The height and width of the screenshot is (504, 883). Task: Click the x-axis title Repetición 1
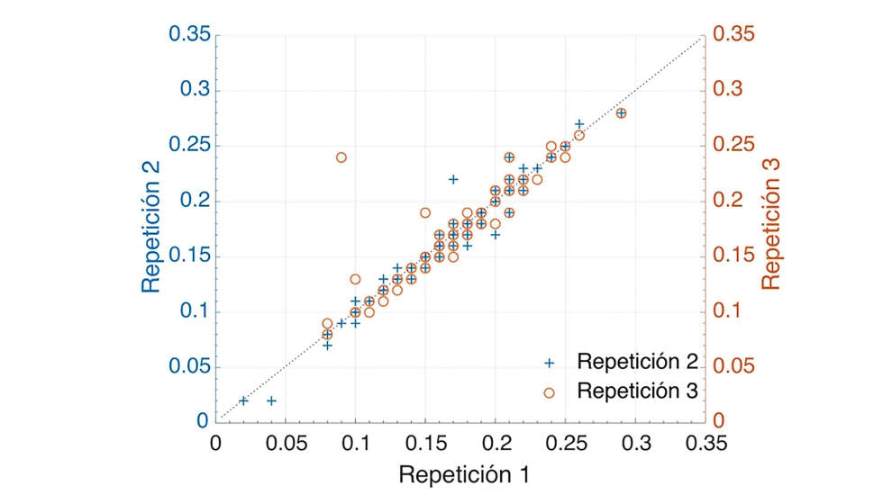click(464, 474)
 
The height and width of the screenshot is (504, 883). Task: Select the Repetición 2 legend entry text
click(637, 362)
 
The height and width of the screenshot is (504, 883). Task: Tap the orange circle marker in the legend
click(550, 391)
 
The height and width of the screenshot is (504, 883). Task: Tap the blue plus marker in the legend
click(550, 363)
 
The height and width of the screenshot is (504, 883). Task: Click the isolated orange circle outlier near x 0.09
click(341, 157)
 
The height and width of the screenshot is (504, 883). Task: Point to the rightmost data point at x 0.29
click(621, 113)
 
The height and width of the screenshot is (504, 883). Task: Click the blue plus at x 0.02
click(243, 400)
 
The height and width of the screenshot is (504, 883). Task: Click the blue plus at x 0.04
click(271, 400)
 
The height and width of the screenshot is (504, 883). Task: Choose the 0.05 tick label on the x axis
click(286, 443)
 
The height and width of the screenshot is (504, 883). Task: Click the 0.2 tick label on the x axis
click(496, 443)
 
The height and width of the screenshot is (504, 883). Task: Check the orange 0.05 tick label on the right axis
click(733, 367)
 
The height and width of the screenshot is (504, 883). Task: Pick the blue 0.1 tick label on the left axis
click(194, 311)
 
